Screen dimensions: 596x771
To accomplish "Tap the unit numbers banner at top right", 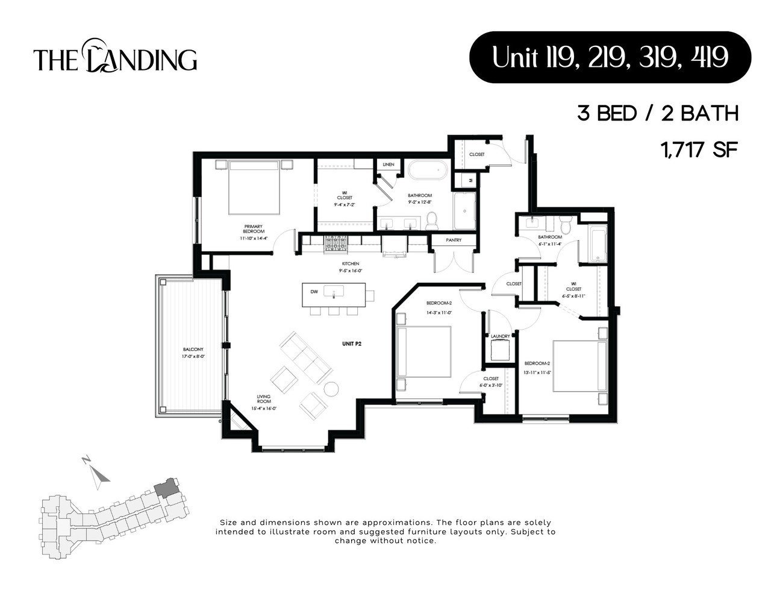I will (610, 57).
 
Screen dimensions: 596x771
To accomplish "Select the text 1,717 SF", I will (699, 149).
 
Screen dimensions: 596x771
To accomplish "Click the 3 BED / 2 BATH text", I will (658, 113).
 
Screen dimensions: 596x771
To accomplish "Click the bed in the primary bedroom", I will (254, 187).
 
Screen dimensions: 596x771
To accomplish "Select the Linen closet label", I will (388, 165).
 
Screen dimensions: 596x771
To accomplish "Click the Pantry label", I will (454, 240).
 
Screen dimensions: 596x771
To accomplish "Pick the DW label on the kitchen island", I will (314, 292).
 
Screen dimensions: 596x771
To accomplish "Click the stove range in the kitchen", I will (334, 244).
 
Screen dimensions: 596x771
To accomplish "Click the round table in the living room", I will (331, 389).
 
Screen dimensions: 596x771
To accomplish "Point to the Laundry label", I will (500, 336).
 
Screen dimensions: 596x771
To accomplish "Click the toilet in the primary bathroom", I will (431, 221).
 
